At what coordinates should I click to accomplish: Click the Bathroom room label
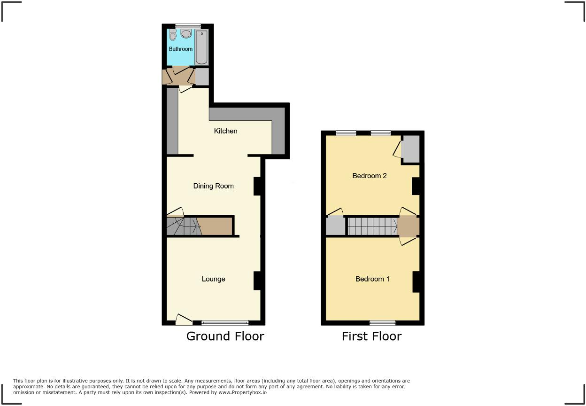pyautogui.click(x=181, y=49)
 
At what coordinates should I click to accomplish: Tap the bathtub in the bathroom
pyautogui.click(x=202, y=47)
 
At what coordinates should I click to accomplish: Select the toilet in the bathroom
pyautogui.click(x=172, y=35)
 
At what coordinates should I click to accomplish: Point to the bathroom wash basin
pyautogui.click(x=186, y=34)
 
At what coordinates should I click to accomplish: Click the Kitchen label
pyautogui.click(x=225, y=131)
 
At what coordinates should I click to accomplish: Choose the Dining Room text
pyautogui.click(x=213, y=186)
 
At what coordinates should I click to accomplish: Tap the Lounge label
pyautogui.click(x=213, y=279)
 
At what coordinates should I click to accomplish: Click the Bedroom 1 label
pyautogui.click(x=372, y=279)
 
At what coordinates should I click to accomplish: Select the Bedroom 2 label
pyautogui.click(x=370, y=176)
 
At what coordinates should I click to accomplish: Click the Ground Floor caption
pyautogui.click(x=225, y=336)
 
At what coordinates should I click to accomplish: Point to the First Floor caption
pyautogui.click(x=371, y=336)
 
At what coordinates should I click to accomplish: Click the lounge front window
pyautogui.click(x=225, y=322)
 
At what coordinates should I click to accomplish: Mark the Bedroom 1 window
pyautogui.click(x=382, y=322)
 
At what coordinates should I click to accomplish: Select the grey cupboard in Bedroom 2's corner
pyautogui.click(x=411, y=149)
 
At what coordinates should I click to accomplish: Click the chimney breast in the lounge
pyautogui.click(x=257, y=281)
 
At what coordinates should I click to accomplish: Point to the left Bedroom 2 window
pyautogui.click(x=346, y=133)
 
